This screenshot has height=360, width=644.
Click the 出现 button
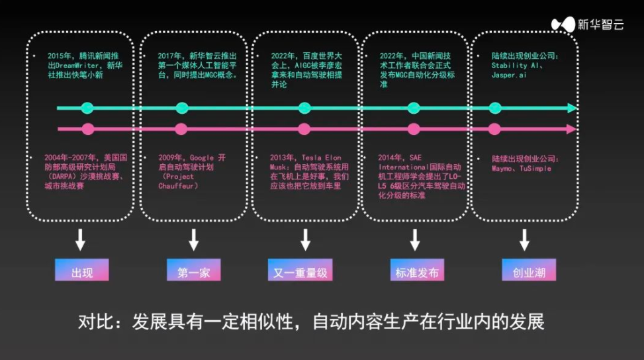(81, 271)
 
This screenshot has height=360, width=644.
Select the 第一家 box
(193, 271)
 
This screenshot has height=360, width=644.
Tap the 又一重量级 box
(304, 271)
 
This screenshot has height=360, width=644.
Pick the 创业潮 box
(524, 271)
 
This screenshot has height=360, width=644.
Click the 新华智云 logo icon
(563, 24)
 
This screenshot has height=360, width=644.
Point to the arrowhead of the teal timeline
(573, 108)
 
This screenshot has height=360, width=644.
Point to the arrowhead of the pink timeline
(573, 129)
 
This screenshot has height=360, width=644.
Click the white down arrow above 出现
(80, 239)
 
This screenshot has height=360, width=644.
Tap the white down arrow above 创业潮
(524, 239)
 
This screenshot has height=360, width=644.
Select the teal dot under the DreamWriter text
(87, 108)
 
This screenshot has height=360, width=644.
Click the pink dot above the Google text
(181, 129)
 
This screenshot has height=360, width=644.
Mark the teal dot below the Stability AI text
(495, 108)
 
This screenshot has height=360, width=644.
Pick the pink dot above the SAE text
(414, 129)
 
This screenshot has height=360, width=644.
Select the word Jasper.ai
(510, 75)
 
